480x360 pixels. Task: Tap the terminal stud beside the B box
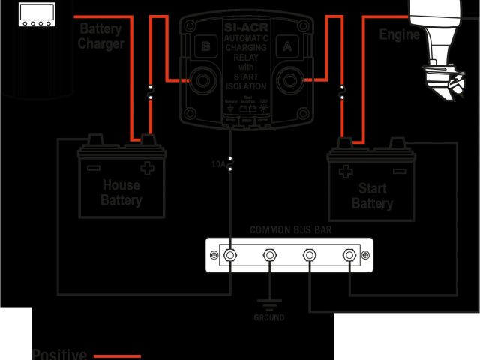(x=202, y=79)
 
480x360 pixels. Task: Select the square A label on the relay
(x=286, y=44)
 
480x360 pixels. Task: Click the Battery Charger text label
(x=100, y=36)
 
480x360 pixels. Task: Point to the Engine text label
(x=399, y=34)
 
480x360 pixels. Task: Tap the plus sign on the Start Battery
(x=345, y=171)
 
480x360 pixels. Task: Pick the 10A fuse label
(x=218, y=162)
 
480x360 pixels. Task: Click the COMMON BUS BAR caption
(x=289, y=230)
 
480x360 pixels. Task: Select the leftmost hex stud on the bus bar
(x=232, y=256)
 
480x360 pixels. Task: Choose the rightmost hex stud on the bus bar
(x=349, y=256)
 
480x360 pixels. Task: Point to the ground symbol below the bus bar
(x=268, y=303)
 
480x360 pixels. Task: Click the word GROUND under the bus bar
(x=268, y=318)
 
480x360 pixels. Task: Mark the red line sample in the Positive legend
(x=116, y=355)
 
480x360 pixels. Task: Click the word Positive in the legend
(x=60, y=354)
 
